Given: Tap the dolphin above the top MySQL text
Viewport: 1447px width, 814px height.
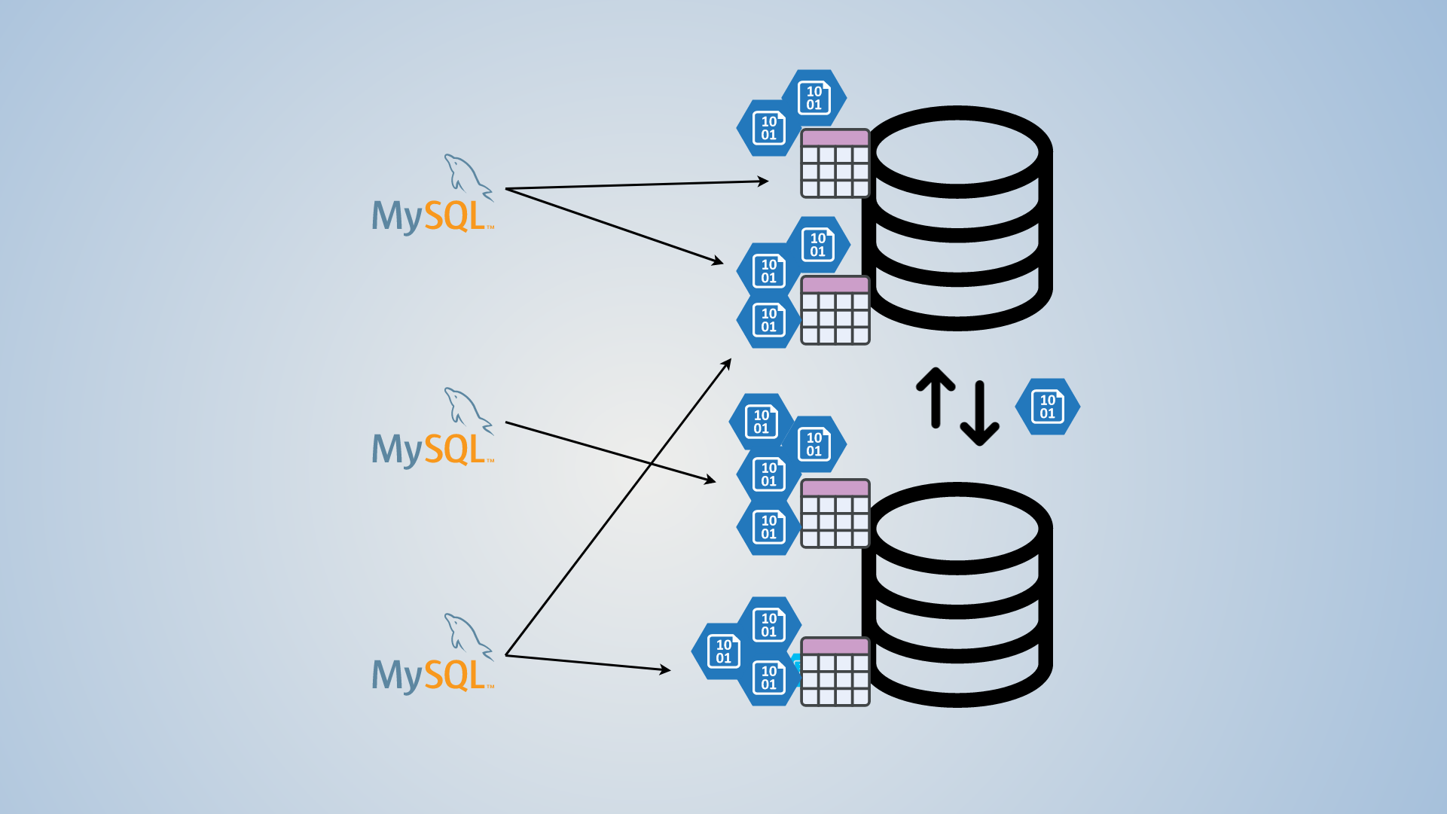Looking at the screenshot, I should pos(467,176).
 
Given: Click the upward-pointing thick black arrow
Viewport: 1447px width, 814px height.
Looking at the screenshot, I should pos(936,396).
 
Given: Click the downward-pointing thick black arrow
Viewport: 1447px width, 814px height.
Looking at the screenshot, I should pos(980,415).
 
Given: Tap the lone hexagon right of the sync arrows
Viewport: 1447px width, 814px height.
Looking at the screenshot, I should pos(1047,407).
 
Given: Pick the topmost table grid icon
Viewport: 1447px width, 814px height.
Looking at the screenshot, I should pos(835,163).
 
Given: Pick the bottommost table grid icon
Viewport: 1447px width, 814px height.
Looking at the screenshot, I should pos(835,672).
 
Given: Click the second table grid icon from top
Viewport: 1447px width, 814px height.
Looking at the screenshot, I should pos(835,310).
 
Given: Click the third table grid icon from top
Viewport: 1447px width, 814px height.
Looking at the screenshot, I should pos(835,514).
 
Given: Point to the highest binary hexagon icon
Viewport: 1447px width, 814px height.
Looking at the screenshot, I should pos(814,98).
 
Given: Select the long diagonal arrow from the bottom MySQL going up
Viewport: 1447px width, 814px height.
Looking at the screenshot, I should pos(618,509).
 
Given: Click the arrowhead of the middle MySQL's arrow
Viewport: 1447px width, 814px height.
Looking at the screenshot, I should pos(710,480).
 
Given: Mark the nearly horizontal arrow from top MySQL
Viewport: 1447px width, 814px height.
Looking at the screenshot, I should pos(636,184).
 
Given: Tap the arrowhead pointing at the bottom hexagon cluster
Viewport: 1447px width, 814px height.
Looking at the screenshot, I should pos(664,669).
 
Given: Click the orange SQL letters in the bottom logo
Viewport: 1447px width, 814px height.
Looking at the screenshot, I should pos(455,675).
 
